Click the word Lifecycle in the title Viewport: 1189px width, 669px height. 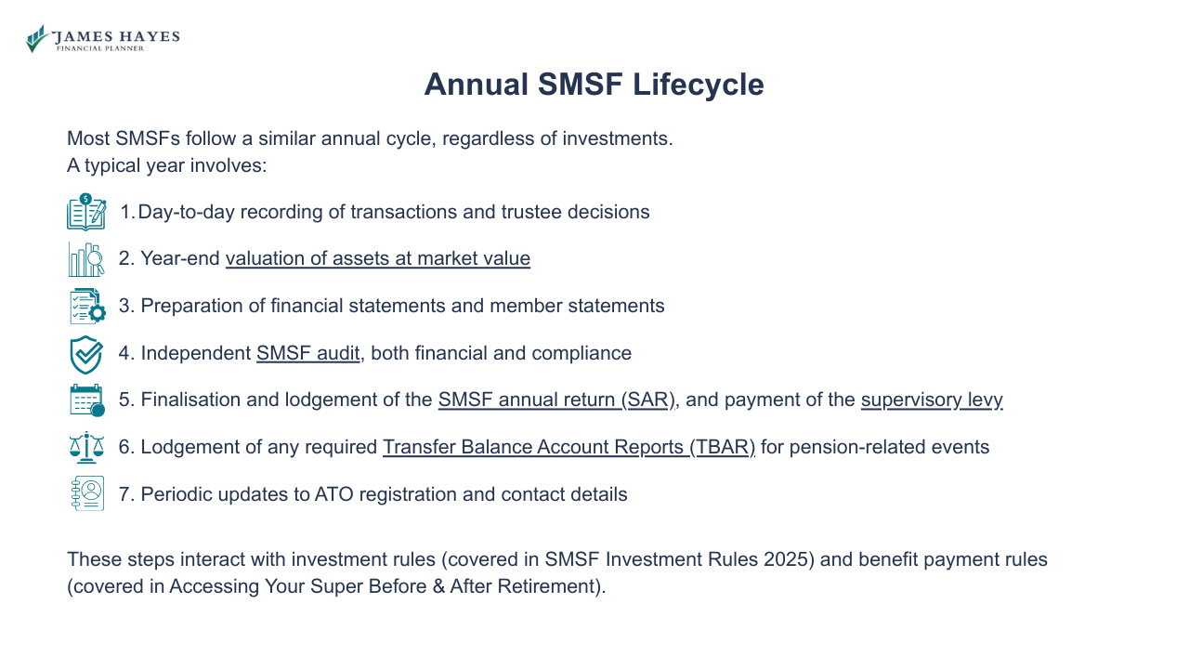698,85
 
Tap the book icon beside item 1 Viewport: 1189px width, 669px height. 86,212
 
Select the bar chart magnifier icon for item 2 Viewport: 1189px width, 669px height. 86,259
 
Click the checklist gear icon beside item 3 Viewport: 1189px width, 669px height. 86,306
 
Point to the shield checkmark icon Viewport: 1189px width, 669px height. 86,354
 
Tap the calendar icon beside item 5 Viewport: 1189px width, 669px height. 86,400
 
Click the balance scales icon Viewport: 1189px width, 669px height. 86,447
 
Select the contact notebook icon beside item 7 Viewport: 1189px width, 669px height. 86,494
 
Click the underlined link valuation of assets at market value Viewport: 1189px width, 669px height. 377,258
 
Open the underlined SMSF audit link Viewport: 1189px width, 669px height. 307,353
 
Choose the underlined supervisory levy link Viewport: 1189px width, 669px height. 931,400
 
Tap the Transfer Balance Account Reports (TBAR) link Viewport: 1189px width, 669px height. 568,447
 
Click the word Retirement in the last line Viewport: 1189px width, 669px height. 548,586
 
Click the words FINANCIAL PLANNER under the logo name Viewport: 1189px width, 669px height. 100,48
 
